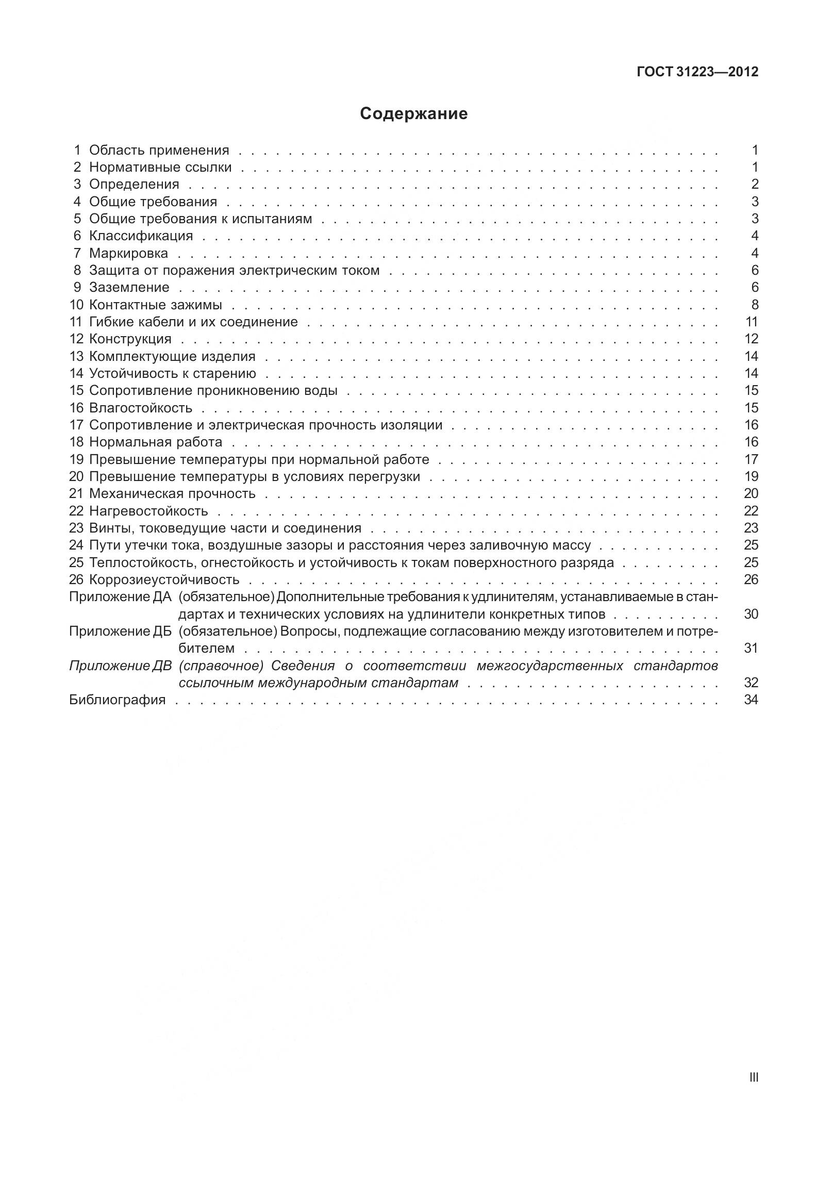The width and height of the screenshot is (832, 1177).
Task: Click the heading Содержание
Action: (413, 113)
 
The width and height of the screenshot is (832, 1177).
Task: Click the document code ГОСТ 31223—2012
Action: (697, 72)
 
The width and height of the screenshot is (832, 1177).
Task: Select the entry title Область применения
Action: (159, 150)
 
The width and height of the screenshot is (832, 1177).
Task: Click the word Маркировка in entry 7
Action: (128, 253)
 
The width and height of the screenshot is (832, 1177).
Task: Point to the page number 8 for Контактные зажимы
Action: (755, 305)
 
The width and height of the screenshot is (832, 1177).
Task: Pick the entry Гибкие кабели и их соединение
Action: (193, 322)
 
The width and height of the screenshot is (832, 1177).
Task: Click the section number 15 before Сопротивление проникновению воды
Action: (76, 390)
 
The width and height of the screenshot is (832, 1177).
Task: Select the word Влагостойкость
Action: (140, 408)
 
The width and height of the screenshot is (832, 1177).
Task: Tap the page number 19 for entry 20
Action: (751, 476)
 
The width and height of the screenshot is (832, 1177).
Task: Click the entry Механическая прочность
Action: (172, 493)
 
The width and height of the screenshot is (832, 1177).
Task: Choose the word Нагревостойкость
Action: (148, 511)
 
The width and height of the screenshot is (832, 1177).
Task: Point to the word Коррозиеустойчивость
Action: (164, 579)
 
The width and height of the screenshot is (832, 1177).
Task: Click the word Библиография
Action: (117, 700)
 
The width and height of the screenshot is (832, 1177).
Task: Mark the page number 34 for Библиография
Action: (751, 700)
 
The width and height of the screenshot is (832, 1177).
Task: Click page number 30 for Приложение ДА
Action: (751, 614)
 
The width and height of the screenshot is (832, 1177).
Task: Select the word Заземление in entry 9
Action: (129, 287)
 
